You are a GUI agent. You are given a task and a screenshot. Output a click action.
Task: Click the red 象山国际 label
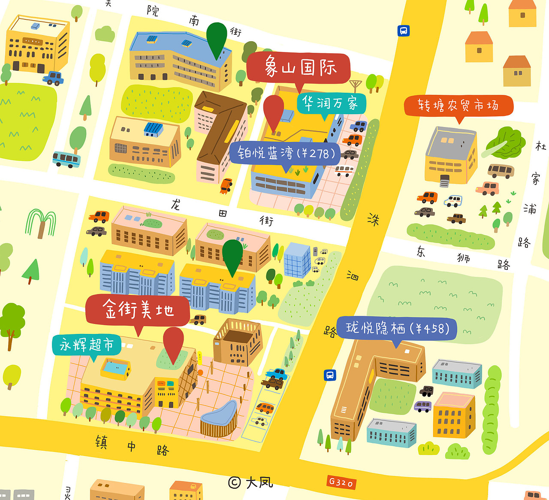tap(299, 68)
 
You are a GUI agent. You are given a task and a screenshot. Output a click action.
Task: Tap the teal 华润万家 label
tap(331, 103)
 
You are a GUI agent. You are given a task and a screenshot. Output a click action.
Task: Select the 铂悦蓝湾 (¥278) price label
tap(285, 153)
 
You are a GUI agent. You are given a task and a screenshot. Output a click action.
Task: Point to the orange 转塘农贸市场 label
tap(458, 105)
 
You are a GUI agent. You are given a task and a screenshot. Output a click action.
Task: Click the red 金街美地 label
tap(138, 309)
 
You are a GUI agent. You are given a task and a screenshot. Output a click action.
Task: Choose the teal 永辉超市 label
tap(87, 345)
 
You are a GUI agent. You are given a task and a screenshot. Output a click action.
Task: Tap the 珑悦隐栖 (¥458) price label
tap(397, 328)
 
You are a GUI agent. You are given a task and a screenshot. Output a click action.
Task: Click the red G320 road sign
tap(341, 482)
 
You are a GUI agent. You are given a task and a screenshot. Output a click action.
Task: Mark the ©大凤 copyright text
tap(250, 482)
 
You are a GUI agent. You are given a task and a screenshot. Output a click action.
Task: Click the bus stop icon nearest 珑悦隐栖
tap(329, 375)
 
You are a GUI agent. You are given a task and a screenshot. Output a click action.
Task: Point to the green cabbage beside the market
tap(506, 142)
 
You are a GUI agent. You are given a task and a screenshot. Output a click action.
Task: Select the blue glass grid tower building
tap(297, 259)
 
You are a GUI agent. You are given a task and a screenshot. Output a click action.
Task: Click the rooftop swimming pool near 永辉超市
tap(115, 368)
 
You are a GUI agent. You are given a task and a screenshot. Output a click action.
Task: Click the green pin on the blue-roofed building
tap(217, 39)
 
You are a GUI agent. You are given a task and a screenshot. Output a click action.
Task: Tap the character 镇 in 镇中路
tap(101, 442)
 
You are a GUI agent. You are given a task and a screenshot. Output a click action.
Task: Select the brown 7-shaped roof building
tap(220, 128)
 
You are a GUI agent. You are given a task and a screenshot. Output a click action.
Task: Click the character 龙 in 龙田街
tap(175, 204)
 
